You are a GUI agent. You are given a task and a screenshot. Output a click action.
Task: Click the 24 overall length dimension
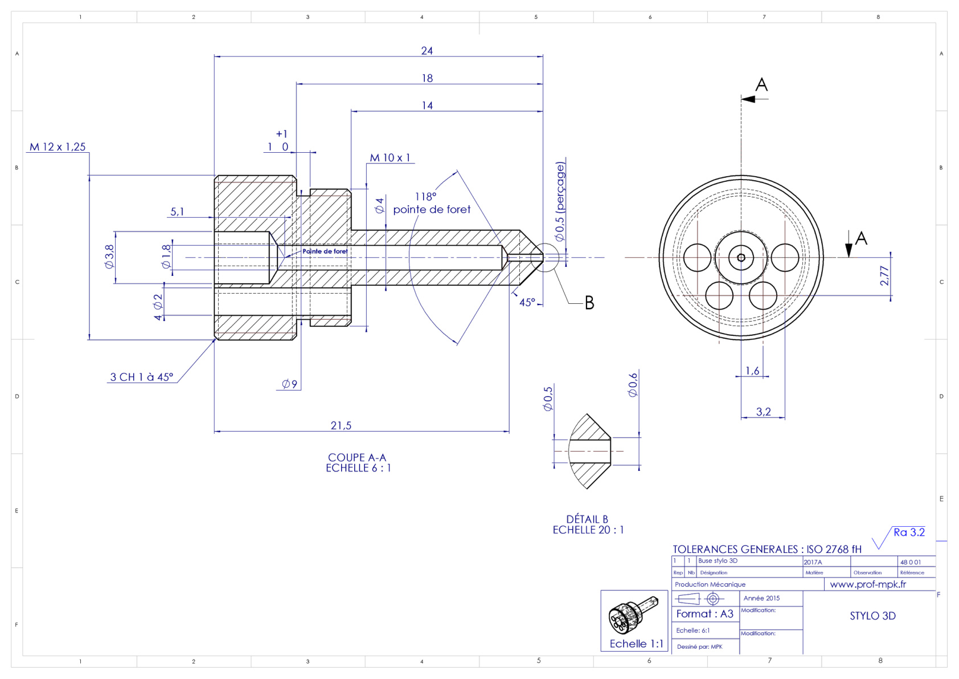(427, 51)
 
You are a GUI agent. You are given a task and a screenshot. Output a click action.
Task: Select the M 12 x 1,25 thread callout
(58, 147)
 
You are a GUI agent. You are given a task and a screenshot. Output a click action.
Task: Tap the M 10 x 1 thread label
(390, 158)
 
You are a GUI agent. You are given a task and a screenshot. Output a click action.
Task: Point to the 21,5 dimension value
(341, 425)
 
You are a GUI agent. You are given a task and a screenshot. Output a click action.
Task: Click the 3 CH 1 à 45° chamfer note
(142, 377)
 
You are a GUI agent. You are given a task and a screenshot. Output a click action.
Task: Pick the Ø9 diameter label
(289, 384)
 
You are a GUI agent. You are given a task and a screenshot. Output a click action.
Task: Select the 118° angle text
(425, 196)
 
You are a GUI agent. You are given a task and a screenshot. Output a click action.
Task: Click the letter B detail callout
(589, 303)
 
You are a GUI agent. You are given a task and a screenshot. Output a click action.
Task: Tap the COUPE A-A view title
(357, 457)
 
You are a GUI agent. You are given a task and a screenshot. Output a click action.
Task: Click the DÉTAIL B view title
(587, 519)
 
